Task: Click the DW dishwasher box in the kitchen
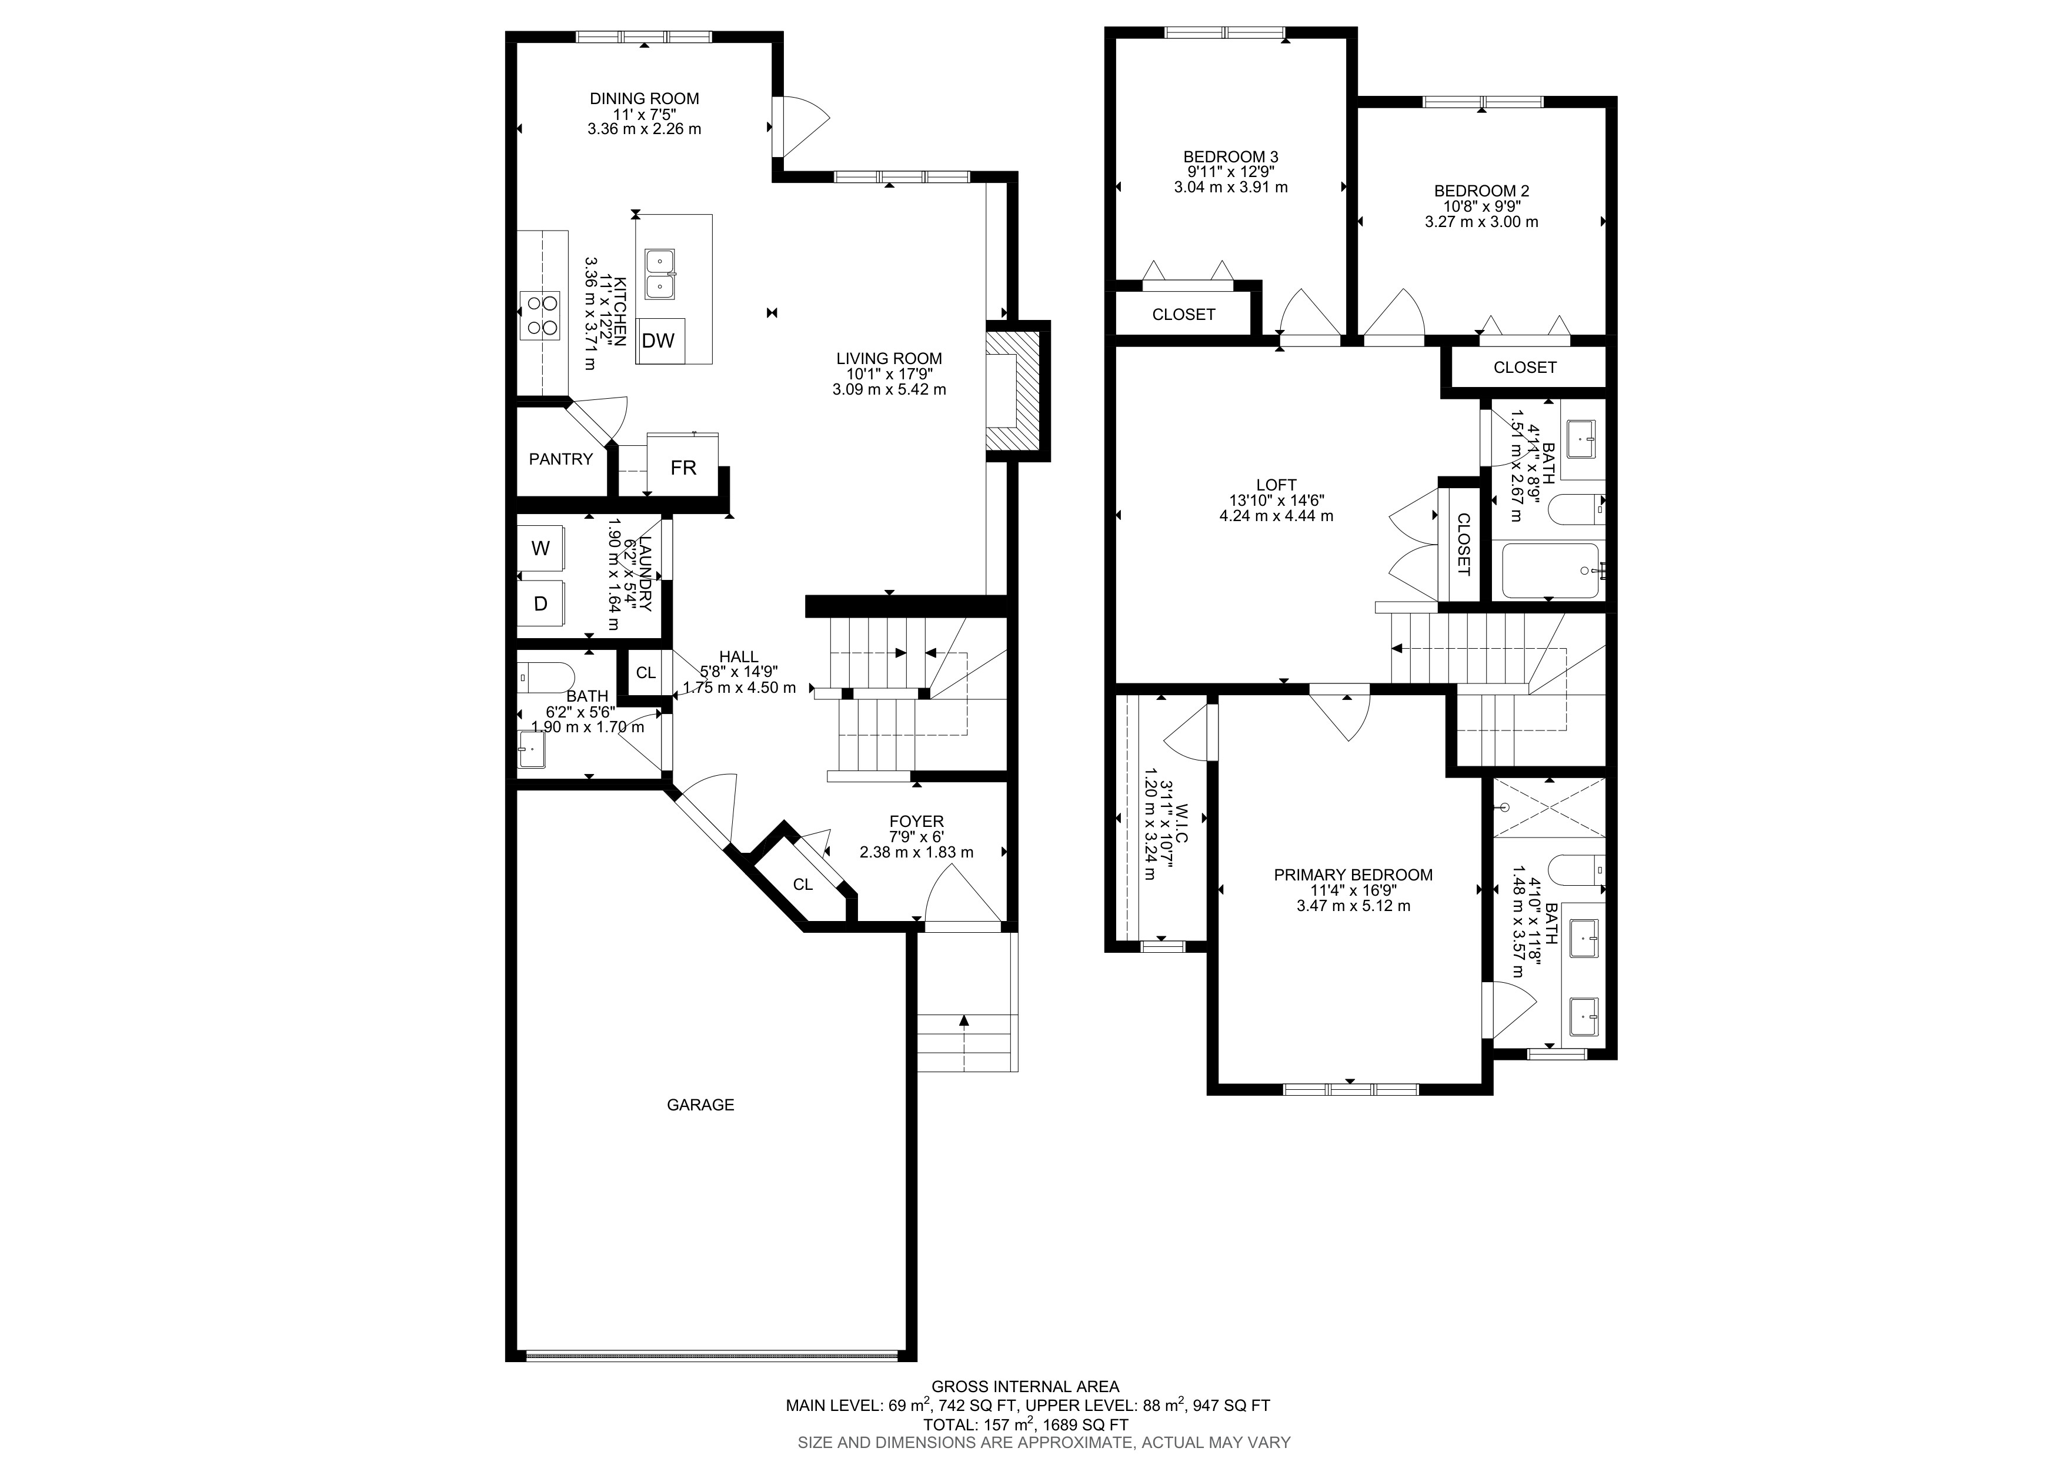660,341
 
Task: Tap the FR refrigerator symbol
683,466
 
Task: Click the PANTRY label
560,459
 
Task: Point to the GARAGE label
700,1105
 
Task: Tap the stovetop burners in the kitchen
540,315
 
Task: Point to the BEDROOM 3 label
1230,156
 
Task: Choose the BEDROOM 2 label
1481,191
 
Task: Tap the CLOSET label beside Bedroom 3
1183,315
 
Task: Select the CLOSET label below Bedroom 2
1525,368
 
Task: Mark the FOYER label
916,821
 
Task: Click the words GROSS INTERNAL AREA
1025,1387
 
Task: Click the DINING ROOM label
644,99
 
